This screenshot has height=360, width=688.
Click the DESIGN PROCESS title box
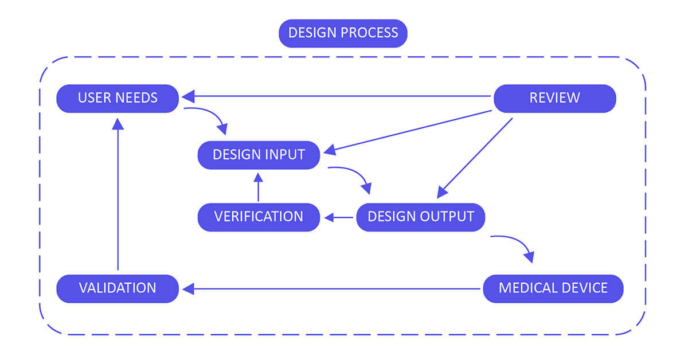[x=343, y=33]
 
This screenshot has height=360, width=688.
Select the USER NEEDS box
[x=118, y=98]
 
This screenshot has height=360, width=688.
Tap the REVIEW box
[x=554, y=98]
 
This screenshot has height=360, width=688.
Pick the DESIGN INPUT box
[x=259, y=155]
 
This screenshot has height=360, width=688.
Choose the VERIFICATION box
[x=259, y=217]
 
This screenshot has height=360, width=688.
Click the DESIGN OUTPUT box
[x=421, y=217]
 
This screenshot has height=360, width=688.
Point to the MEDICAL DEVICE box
[x=553, y=288]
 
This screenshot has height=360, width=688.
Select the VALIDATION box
[x=118, y=288]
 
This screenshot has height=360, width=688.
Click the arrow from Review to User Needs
[x=338, y=96]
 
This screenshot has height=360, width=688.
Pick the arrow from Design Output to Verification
[x=339, y=217]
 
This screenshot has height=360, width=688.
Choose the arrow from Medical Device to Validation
[x=333, y=289]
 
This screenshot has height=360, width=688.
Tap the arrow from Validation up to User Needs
[x=118, y=195]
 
